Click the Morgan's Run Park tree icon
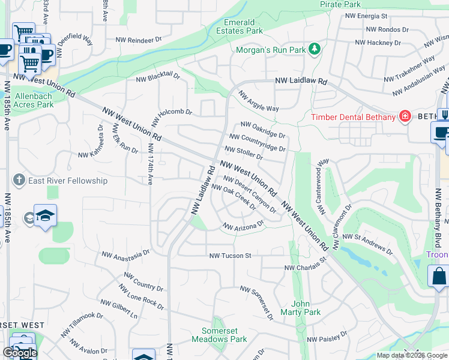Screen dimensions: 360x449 pyautogui.click(x=315, y=50)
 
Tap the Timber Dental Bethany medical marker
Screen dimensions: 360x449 pyautogui.click(x=405, y=116)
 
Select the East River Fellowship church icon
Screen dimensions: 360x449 pyautogui.click(x=19, y=180)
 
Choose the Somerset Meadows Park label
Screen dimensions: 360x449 pyautogui.click(x=219, y=335)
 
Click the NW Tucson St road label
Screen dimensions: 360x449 pyautogui.click(x=229, y=256)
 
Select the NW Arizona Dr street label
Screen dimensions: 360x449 pyautogui.click(x=244, y=226)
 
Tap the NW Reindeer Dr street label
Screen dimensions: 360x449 pyautogui.click(x=139, y=40)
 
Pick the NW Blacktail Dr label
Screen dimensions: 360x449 pyautogui.click(x=158, y=77)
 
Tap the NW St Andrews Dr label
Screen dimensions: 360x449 pyautogui.click(x=367, y=244)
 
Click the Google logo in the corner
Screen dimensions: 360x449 pyautogui.click(x=20, y=353)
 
